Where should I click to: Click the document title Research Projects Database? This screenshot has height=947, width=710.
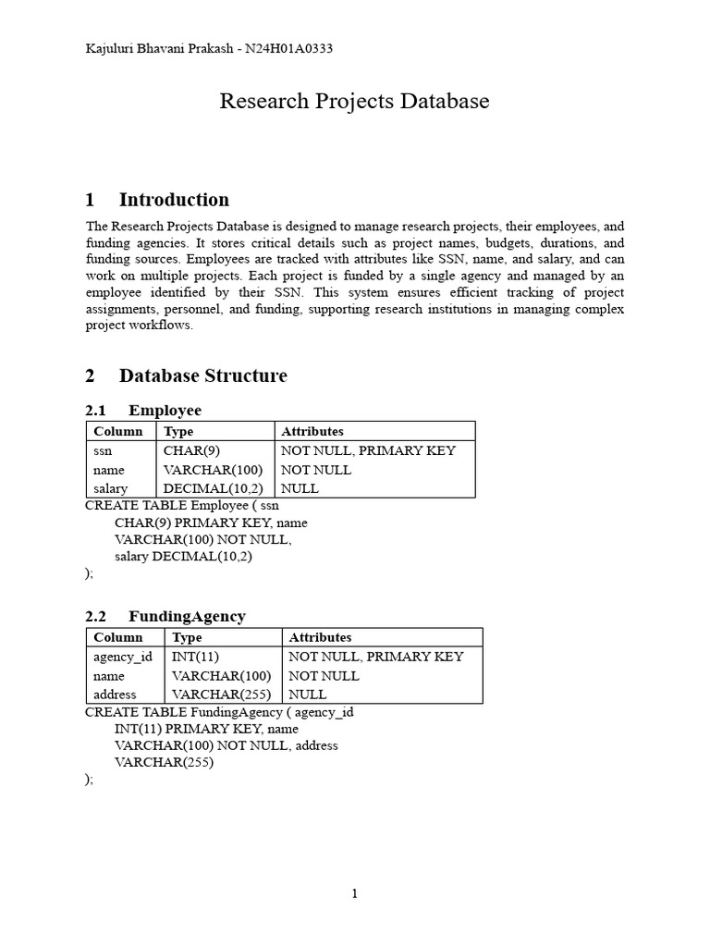354,101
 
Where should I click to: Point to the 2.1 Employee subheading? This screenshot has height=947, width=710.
143,410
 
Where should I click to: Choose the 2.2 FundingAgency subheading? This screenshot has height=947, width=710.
165,616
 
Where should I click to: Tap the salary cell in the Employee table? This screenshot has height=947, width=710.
110,488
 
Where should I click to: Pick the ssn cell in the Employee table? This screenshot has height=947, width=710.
103,450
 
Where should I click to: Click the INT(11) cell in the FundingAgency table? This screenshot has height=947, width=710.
193,657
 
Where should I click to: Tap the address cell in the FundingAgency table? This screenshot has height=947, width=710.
115,694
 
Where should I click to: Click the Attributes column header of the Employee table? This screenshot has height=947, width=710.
312,431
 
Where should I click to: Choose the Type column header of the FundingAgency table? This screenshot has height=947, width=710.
188,637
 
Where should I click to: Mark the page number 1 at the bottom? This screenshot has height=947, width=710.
354,893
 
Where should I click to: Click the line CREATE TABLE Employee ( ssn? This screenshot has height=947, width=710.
182,506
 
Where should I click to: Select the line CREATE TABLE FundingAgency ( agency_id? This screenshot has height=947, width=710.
219,712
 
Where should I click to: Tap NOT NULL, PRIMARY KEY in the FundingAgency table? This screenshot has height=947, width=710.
376,657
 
